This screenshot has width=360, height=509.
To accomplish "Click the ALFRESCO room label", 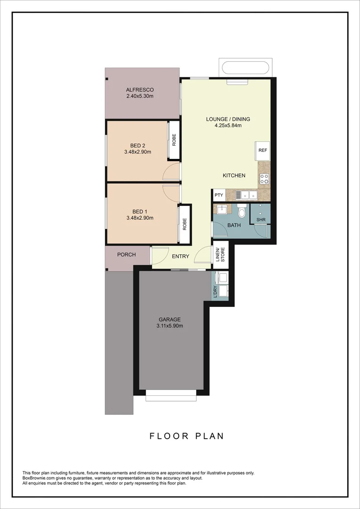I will click(139, 90).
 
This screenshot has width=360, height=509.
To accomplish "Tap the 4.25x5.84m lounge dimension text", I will click(228, 125).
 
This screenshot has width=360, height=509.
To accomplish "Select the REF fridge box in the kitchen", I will click(262, 150).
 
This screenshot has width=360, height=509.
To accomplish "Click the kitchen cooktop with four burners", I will click(264, 178).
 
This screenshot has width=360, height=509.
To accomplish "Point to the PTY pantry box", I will click(219, 195).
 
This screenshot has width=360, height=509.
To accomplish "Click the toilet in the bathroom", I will click(242, 212).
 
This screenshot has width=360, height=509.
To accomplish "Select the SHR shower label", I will click(260, 220).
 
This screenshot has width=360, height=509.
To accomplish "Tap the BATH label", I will click(234, 225).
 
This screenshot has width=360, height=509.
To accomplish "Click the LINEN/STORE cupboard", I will click(220, 254).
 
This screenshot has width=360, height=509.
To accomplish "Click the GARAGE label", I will click(169, 319).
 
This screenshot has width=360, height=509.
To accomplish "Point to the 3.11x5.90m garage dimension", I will click(169, 326).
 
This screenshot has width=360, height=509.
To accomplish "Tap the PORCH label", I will click(126, 254).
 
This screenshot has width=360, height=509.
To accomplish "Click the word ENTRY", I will click(180, 256).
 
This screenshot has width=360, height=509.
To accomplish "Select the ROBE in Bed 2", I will click(174, 140).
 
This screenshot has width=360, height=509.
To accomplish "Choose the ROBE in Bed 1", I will click(185, 224).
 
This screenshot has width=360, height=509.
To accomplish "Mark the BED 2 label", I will click(138, 146).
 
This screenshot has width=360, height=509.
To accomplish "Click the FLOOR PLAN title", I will click(187, 436).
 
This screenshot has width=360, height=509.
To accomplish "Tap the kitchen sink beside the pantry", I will click(246, 194).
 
